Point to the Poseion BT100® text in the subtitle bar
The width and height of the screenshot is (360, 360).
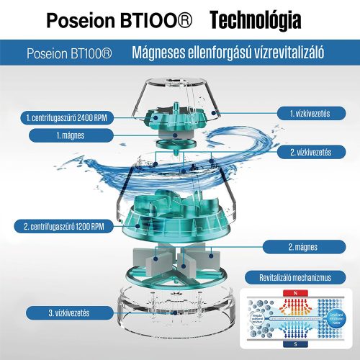click(68, 54)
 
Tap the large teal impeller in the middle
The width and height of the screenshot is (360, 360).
click(173, 212)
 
